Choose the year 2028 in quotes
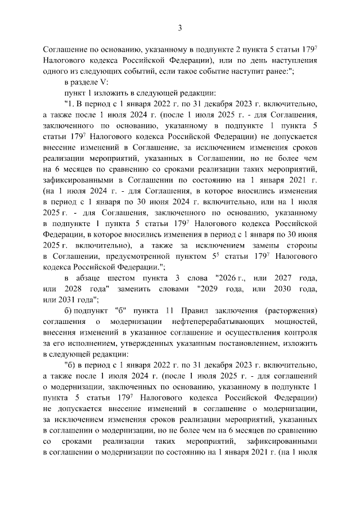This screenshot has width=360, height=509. (x=84, y=289)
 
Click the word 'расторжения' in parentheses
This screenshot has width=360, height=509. (x=292, y=310)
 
